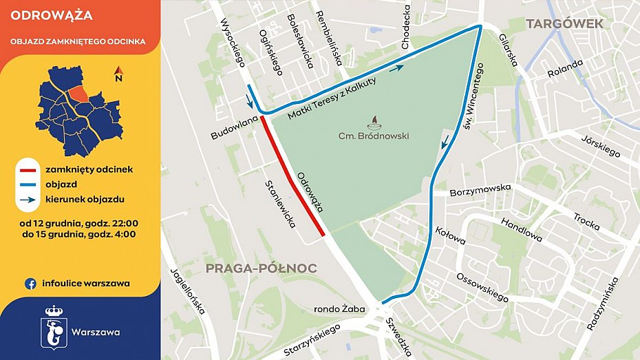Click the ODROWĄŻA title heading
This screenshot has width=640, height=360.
pyautogui.click(x=43, y=15)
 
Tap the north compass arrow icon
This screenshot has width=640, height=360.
pyautogui.click(x=118, y=74)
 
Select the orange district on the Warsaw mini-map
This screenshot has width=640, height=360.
pyautogui.click(x=79, y=93)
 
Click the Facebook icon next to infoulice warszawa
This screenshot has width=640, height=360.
pyautogui.click(x=31, y=283)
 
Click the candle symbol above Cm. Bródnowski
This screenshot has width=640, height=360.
pyautogui.click(x=374, y=122)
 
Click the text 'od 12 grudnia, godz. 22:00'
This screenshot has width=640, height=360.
pyautogui.click(x=79, y=224)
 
